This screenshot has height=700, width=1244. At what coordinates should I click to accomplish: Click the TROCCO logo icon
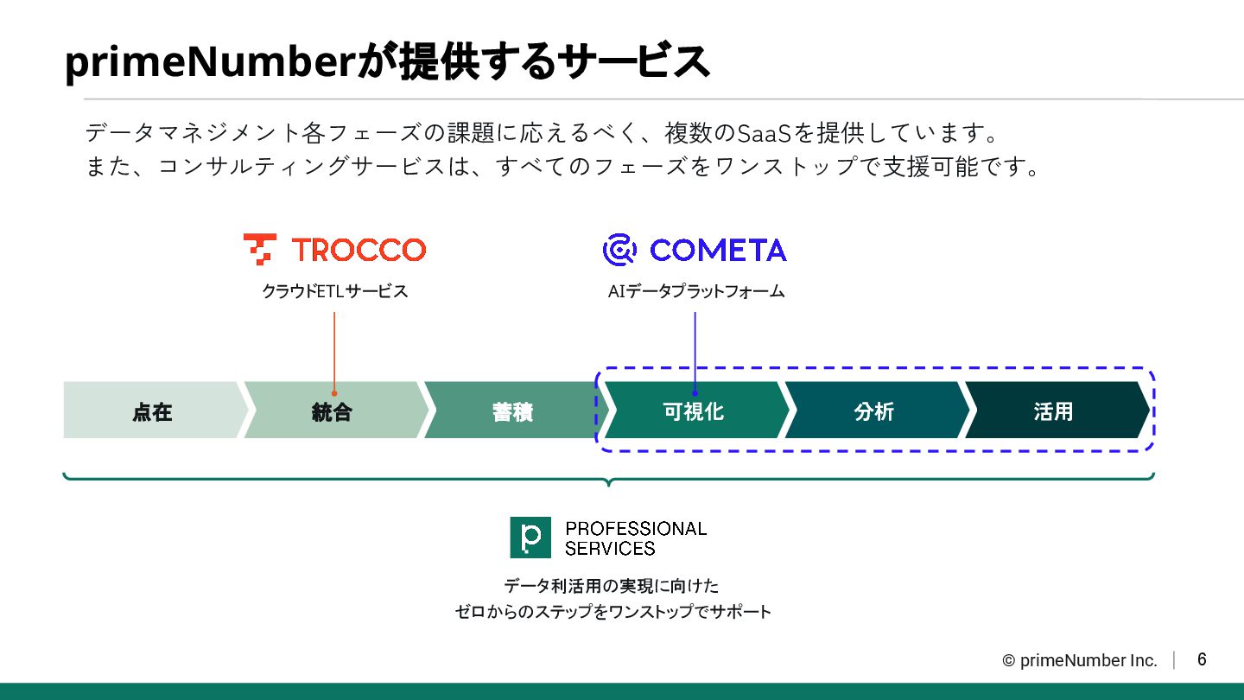(x=259, y=249)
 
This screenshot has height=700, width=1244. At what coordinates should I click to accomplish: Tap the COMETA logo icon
(x=619, y=250)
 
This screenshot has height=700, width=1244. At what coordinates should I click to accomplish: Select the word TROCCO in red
(x=359, y=250)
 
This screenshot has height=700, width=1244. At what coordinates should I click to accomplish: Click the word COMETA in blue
(x=718, y=250)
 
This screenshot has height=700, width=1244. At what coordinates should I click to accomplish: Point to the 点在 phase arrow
(x=152, y=410)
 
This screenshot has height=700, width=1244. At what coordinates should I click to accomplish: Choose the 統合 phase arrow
(x=333, y=410)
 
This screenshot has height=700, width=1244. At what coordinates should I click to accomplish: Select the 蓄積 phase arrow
(x=512, y=410)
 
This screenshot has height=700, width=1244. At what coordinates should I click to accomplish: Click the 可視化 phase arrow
(x=694, y=410)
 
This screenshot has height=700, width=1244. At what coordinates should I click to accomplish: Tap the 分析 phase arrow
(x=873, y=410)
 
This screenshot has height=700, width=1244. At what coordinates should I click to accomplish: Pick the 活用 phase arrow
(x=1053, y=410)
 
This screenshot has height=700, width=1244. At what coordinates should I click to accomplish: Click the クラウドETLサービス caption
(x=335, y=291)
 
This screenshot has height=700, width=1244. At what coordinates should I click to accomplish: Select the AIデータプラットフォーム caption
(x=696, y=291)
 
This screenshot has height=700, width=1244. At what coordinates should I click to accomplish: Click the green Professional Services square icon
(x=530, y=538)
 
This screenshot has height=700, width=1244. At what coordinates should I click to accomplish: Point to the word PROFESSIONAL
(x=636, y=528)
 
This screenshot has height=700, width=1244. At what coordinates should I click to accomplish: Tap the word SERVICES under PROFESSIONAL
(x=610, y=548)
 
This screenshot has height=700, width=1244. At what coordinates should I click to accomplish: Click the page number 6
(x=1202, y=659)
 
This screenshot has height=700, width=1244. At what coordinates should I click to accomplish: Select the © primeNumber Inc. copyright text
(x=1080, y=660)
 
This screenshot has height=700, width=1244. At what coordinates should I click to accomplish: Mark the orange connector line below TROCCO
(x=334, y=350)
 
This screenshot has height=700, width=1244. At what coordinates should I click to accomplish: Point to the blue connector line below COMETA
(x=695, y=350)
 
